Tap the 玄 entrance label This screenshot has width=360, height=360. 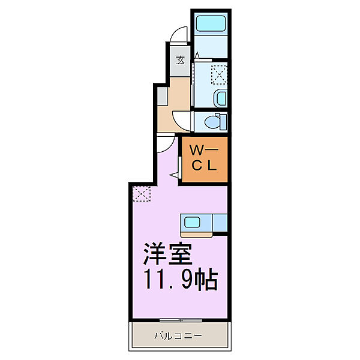[x=180, y=60]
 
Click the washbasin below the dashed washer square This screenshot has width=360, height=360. [x=220, y=98]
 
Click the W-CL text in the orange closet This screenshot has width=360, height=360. [x=204, y=158]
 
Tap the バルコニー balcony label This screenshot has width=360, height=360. [x=179, y=335]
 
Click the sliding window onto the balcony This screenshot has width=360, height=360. [x=180, y=318]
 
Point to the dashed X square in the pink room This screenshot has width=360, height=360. [x=142, y=193]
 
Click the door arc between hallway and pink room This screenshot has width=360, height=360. [x=164, y=144]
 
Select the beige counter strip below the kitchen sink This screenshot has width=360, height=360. [x=194, y=233]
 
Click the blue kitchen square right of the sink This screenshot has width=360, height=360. [x=220, y=223]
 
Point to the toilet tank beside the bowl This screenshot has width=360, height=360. [x=223, y=122]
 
